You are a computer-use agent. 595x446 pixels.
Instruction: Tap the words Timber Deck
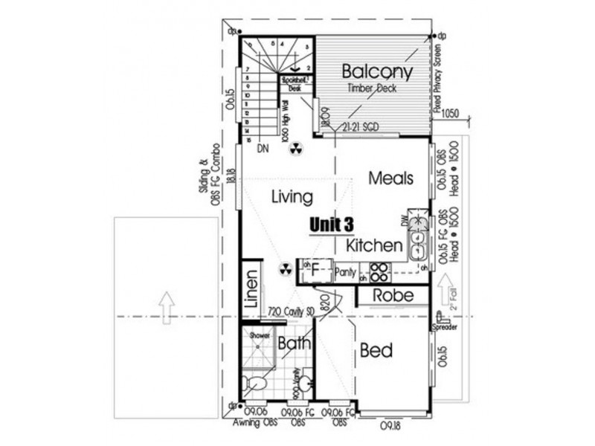[371, 88]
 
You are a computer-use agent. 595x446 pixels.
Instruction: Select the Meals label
[391, 178]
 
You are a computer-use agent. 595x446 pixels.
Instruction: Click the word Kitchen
[374, 245]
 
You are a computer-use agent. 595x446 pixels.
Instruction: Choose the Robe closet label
[393, 295]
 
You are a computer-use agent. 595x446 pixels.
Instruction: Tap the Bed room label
[376, 350]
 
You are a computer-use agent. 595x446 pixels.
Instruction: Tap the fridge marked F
[315, 271]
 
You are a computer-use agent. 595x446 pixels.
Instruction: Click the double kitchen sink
[418, 230]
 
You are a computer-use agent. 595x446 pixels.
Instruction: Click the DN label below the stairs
[262, 149]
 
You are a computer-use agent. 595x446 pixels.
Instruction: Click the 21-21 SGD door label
[361, 127]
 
